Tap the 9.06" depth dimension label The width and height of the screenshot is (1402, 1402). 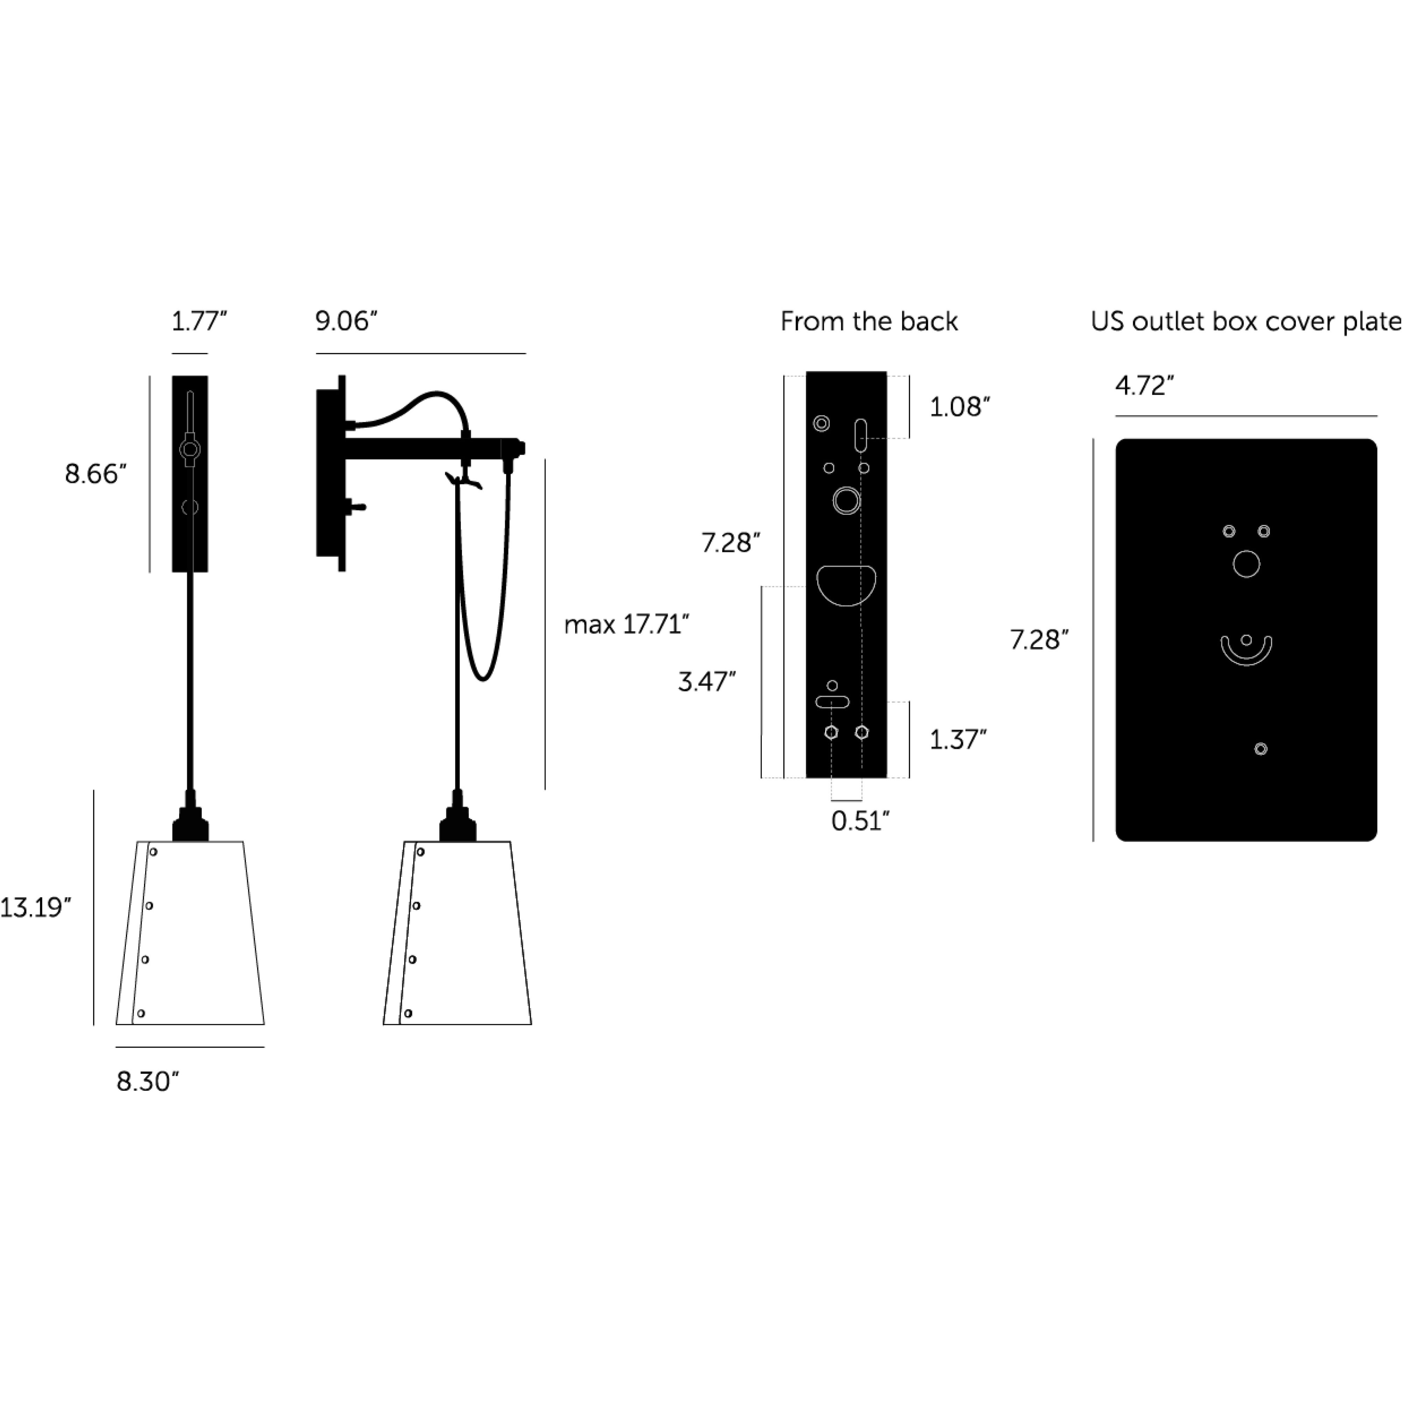346,321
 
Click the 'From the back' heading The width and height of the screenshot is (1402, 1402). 869,321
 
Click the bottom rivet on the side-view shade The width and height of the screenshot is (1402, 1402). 408,1013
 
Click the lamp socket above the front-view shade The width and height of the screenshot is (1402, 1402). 190,824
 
